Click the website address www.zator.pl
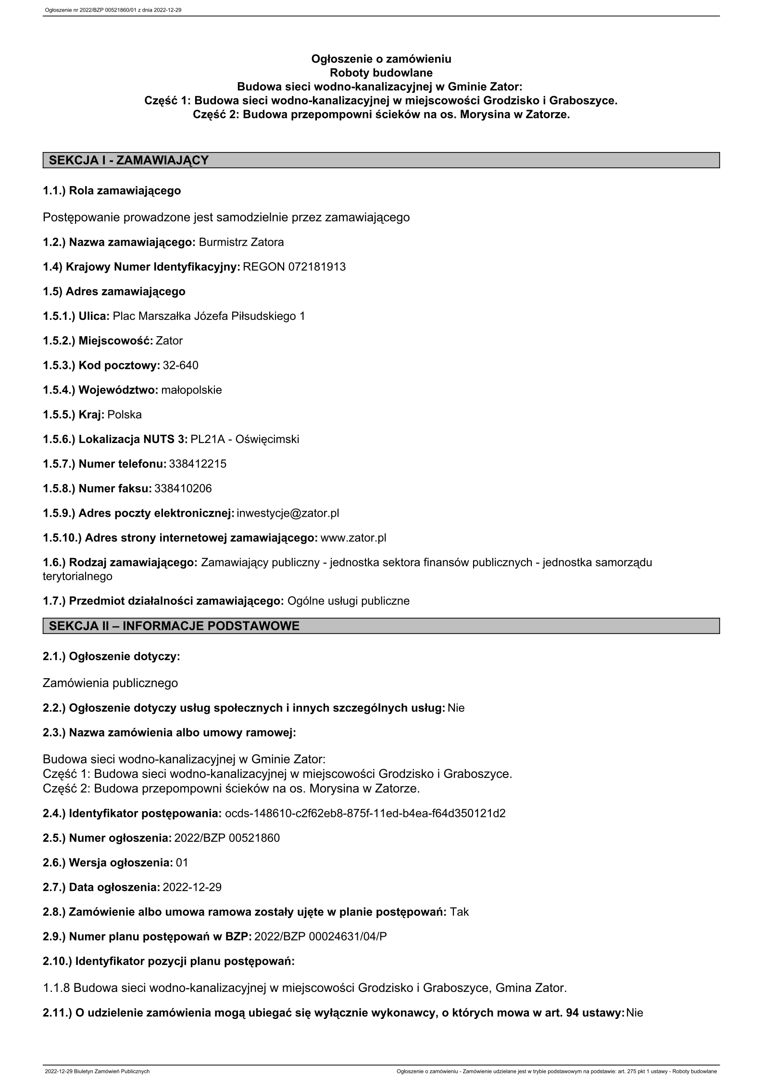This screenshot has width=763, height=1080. click(353, 537)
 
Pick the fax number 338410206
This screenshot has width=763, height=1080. click(183, 488)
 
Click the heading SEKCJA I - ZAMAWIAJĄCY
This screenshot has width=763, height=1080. click(129, 160)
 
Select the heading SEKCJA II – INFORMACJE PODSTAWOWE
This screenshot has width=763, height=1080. click(174, 626)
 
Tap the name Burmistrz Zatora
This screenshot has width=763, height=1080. click(241, 242)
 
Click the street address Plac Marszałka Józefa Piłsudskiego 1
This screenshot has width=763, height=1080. click(209, 316)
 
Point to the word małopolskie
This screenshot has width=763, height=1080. click(191, 390)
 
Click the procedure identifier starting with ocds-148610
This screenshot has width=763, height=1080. click(365, 813)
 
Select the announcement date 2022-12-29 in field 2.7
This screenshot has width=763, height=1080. click(192, 887)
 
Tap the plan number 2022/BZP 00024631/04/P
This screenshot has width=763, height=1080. click(321, 937)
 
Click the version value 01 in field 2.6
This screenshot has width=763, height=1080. click(182, 863)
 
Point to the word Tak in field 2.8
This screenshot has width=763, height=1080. click(459, 912)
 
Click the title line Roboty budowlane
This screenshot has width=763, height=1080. click(381, 73)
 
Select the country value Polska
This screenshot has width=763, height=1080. click(125, 414)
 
